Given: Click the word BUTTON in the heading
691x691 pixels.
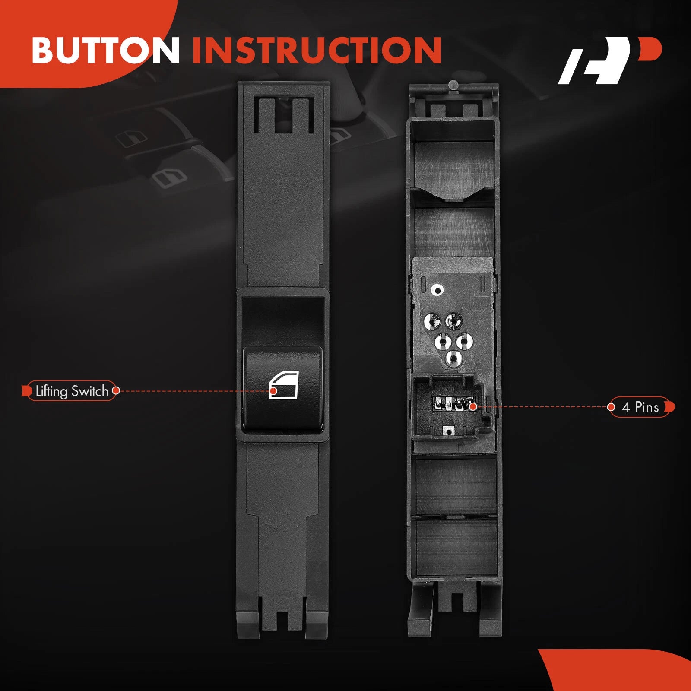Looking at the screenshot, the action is point(106,50).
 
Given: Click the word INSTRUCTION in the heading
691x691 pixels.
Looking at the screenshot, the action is point(317,50).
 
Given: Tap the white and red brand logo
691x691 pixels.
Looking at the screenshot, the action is point(609,60).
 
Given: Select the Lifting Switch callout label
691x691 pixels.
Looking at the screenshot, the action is point(71,391).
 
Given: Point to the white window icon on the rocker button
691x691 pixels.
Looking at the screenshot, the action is point(284,385).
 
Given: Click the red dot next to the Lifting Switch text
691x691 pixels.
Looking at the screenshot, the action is point(116,391).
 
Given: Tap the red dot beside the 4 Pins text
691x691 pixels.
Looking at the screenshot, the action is point(611,407).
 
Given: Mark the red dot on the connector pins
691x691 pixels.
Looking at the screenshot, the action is point(473,406).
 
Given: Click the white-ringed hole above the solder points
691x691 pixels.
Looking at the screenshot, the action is point(437,290).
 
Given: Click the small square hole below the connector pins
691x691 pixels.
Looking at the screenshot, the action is point(449,431).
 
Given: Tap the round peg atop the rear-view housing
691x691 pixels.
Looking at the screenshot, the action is point(453,85).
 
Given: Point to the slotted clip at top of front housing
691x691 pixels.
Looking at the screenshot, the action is point(284,114).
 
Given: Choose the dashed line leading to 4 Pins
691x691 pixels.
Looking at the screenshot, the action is point(542,407).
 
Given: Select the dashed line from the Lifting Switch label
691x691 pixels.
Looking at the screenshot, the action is point(194,391).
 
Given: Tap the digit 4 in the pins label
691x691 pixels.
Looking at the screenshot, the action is point(626,407).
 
